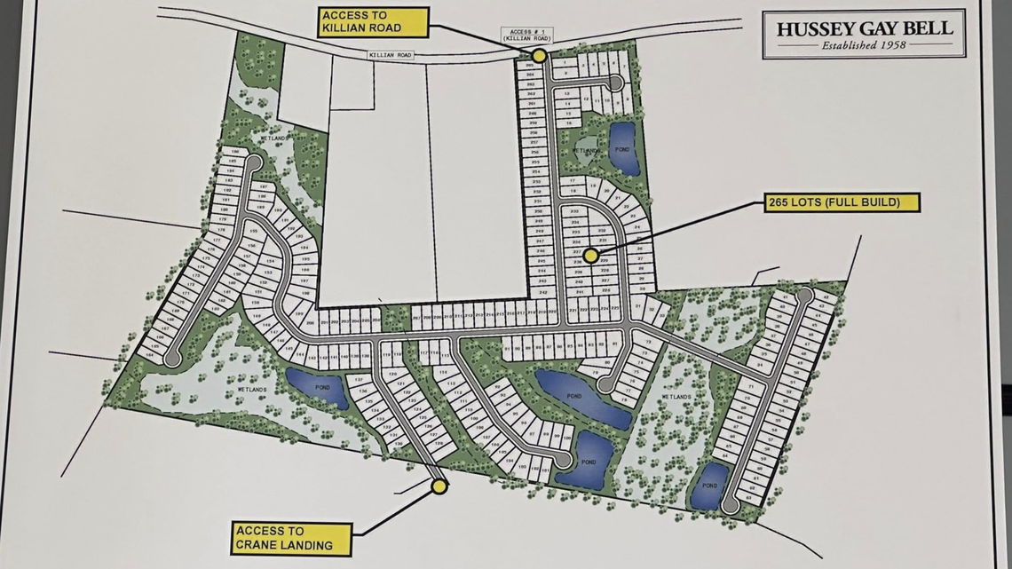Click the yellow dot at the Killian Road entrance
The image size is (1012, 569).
[x=539, y=55]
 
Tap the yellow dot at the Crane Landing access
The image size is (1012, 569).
[x=439, y=486]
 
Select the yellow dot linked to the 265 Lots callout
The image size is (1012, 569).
[x=590, y=255]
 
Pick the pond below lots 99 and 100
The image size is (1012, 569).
[x=585, y=460]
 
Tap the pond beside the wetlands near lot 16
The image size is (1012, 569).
[x=623, y=147]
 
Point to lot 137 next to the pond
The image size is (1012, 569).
[x=359, y=380]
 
